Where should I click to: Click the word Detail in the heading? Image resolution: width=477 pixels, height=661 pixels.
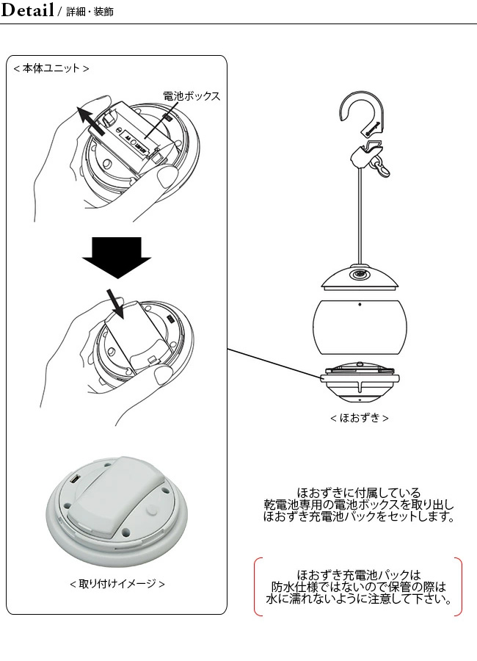[x=27, y=11]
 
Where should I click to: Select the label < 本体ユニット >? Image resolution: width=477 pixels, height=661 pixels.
[x=51, y=68]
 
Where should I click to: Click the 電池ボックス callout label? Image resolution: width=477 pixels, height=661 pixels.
[x=191, y=96]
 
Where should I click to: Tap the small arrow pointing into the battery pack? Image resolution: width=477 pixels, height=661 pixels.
[x=115, y=302]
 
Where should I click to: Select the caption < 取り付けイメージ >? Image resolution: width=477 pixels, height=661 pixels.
[x=117, y=584]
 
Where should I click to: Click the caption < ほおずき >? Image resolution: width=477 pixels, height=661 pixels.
[x=359, y=418]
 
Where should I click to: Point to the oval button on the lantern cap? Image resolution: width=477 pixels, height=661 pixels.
[x=359, y=275]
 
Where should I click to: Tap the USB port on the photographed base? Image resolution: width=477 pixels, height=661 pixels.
[x=75, y=480]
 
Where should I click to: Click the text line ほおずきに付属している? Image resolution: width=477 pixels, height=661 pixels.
[x=359, y=492]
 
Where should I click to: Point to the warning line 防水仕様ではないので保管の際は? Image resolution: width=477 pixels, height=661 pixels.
[x=359, y=588]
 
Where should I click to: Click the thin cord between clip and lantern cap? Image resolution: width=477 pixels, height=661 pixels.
[x=359, y=213]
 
